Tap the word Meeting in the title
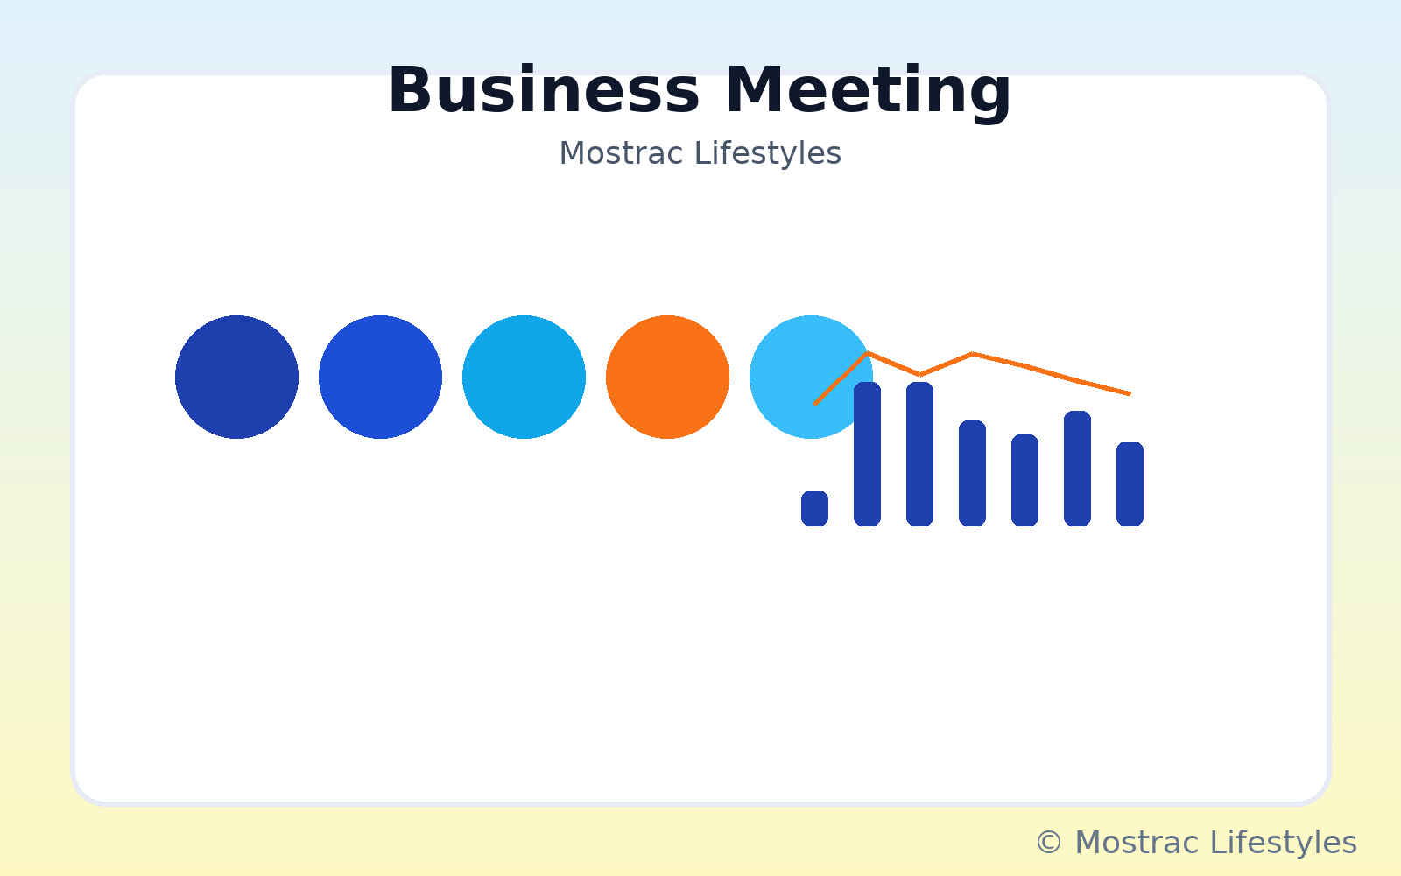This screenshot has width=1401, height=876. [868, 93]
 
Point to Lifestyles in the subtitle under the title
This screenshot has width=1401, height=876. [767, 154]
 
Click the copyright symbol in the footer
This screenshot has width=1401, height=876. [1049, 842]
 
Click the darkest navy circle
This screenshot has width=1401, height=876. [236, 378]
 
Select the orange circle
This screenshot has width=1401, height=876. [667, 378]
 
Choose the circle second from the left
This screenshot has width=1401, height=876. [380, 378]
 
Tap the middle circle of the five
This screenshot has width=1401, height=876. [524, 378]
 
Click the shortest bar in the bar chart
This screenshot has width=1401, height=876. [815, 508]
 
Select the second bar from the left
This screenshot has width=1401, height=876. [868, 454]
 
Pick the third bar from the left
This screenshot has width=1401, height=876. [920, 454]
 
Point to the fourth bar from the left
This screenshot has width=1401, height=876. [973, 473]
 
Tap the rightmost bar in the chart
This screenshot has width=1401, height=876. [1130, 484]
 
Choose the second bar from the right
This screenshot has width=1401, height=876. [1078, 468]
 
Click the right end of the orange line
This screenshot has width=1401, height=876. [1130, 394]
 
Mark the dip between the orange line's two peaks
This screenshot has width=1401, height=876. [920, 375]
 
